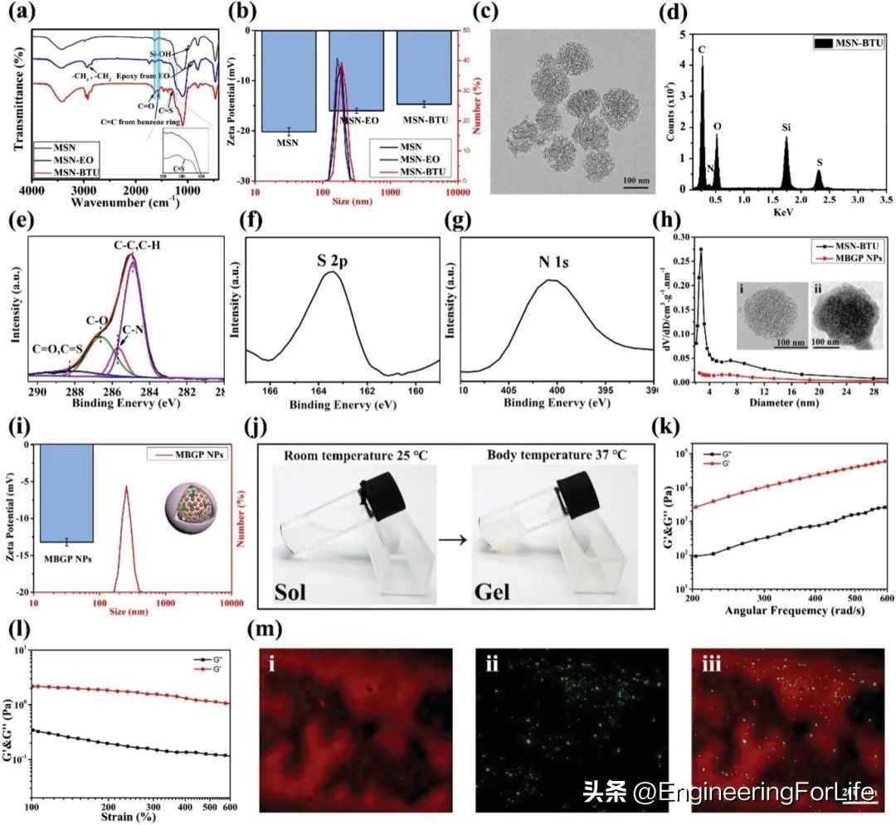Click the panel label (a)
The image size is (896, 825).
click(19, 12)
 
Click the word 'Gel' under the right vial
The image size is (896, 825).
click(505, 592)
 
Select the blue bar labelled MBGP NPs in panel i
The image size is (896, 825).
click(66, 493)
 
